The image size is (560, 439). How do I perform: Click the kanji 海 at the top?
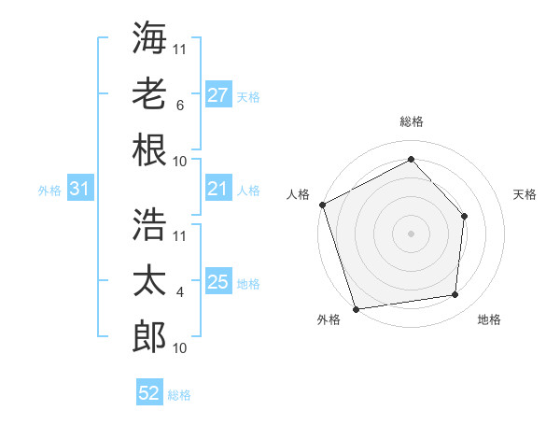coord(149,38)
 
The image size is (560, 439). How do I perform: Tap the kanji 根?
coord(149,150)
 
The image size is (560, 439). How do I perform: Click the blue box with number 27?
coord(217,94)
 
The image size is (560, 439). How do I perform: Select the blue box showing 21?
coord(217,189)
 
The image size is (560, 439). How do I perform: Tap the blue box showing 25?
coord(217,282)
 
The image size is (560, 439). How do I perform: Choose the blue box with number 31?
coord(80,189)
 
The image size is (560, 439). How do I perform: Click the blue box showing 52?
coord(149,393)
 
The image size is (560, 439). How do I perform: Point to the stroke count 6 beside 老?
coord(179,106)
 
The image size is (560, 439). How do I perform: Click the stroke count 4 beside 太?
coord(179,291)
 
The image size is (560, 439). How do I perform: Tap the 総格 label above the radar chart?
coord(411,121)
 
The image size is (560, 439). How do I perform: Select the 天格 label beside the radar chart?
coord(525,194)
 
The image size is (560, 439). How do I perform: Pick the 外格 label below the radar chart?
coord(329,319)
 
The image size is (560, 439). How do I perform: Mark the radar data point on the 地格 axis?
coord(455,295)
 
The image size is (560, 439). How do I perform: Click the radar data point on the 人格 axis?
coord(323,204)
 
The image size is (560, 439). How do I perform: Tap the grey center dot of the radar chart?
coord(411,233)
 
